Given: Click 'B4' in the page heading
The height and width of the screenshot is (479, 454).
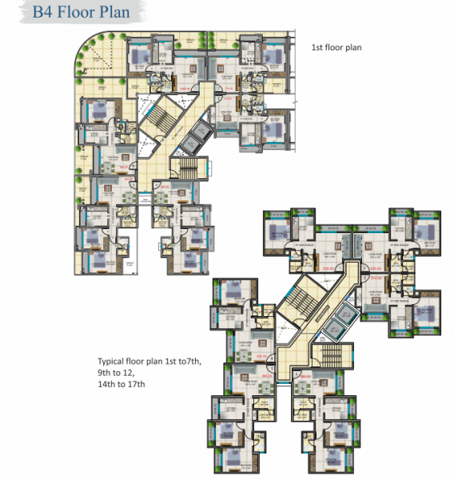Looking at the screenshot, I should coord(46,14).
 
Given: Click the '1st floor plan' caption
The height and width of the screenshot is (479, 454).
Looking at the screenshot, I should coord(337,48).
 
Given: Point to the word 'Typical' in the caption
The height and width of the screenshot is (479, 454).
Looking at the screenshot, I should coord(113,361).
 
